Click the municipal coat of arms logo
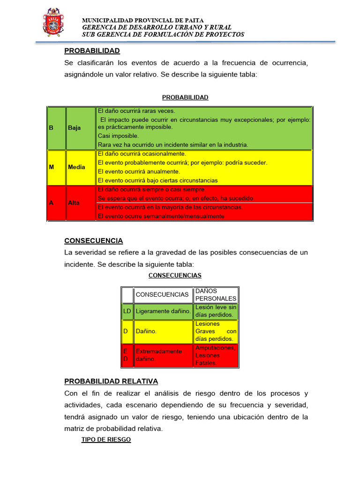point(53,22)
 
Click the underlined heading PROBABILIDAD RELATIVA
point(111,381)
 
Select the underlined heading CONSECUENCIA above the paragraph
point(93,240)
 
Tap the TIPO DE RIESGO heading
point(106,440)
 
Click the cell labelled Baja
point(74,127)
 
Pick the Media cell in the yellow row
point(76,167)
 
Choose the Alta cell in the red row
point(74,203)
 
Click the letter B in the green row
point(51,127)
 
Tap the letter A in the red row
point(51,203)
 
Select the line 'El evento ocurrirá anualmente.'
point(138,172)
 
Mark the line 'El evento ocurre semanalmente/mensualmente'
point(161,216)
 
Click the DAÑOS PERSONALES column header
point(216,295)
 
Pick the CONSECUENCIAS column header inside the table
point(162,295)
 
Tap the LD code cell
point(127,311)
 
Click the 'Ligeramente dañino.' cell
point(163,311)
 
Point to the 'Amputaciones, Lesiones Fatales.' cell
point(215,355)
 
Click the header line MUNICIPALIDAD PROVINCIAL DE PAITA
point(143,20)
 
